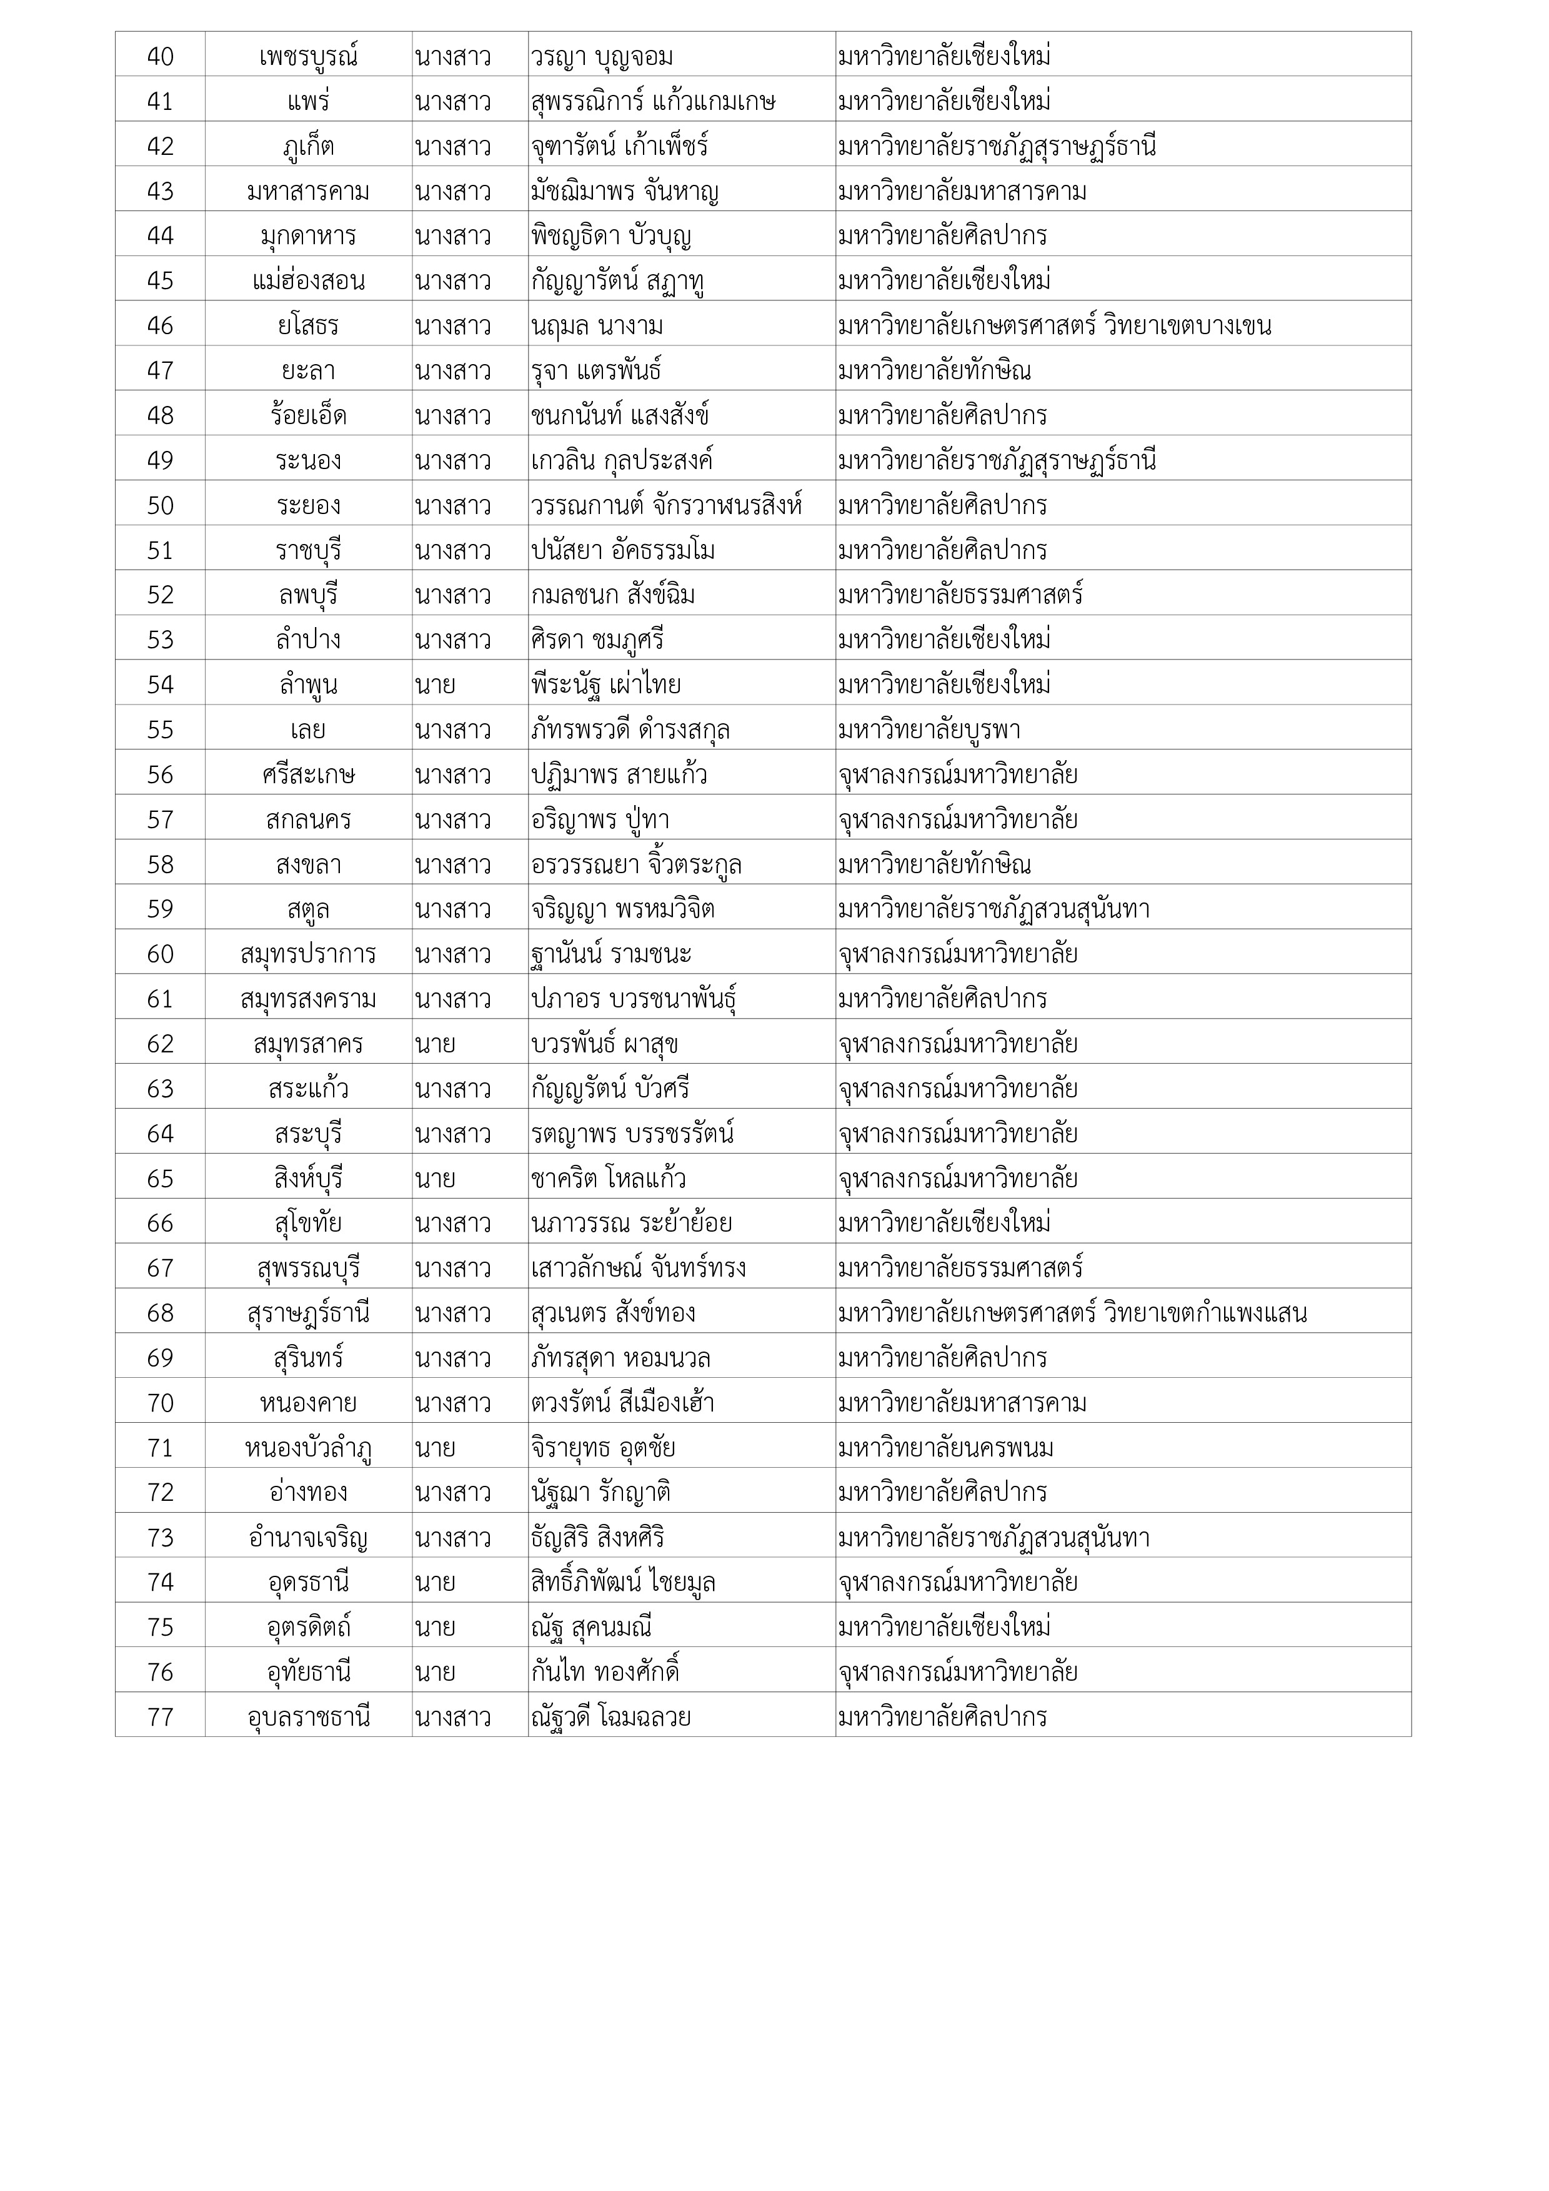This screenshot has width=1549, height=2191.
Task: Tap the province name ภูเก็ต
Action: pos(308,147)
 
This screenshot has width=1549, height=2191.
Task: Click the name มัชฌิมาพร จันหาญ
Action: pos(624,192)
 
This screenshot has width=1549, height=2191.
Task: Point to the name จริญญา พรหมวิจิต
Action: pos(622,909)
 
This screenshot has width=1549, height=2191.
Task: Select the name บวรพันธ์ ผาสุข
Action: pos(604,1044)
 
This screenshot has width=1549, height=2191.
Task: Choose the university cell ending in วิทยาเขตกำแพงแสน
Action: pos(1072,1313)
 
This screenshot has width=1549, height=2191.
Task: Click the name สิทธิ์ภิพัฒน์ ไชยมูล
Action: pos(623,1582)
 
